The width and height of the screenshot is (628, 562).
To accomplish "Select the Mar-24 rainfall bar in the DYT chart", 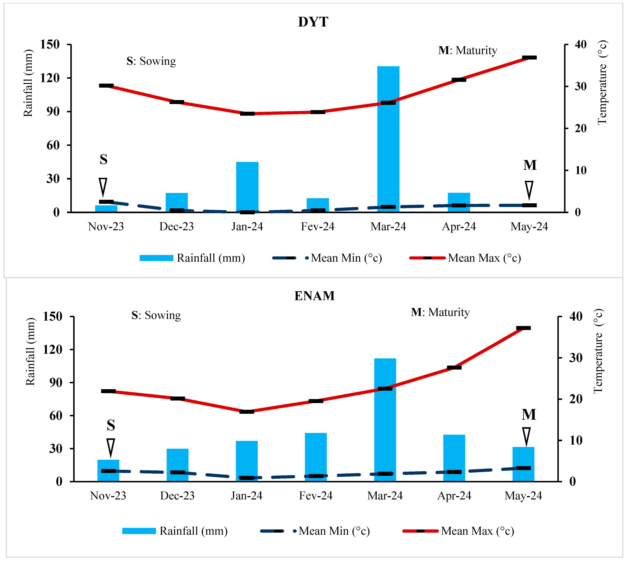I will (388, 139).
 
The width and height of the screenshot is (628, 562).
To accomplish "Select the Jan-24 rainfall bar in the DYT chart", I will (247, 187).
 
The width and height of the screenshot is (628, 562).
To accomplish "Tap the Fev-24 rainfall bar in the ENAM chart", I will (316, 457).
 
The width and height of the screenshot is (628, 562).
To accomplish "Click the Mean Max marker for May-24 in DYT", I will (529, 57).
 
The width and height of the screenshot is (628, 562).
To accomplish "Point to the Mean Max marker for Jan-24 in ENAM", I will (247, 412).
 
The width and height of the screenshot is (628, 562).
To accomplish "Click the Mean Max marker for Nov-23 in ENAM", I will (108, 391).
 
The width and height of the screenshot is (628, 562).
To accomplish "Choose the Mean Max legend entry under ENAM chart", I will (458, 531).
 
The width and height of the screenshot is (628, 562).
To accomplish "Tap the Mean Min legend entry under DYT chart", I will (327, 258).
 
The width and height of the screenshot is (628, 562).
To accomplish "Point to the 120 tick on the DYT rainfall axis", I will (50, 78).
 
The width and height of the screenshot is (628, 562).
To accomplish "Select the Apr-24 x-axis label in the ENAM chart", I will (454, 496).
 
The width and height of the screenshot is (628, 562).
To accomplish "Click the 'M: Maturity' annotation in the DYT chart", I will (468, 50).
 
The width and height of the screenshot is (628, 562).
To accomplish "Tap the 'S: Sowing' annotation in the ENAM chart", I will (156, 315).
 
